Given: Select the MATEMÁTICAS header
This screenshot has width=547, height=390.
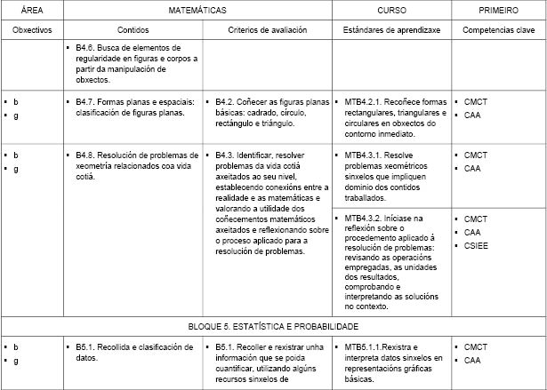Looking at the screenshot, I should coord(197,11).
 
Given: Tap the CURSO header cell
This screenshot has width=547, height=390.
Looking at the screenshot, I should coord(391,11).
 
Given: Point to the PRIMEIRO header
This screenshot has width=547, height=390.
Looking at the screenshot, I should coord(499,11).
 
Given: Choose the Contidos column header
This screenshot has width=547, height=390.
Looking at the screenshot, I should coord(133,30).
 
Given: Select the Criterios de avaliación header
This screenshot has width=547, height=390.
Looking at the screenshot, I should coord(268,30).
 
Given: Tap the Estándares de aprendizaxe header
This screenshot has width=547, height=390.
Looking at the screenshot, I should coord(392,30).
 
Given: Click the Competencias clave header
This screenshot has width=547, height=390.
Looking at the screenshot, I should coord(499,30).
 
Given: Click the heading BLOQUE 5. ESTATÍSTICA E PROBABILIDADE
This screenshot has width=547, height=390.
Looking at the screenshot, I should coord(273,326).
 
